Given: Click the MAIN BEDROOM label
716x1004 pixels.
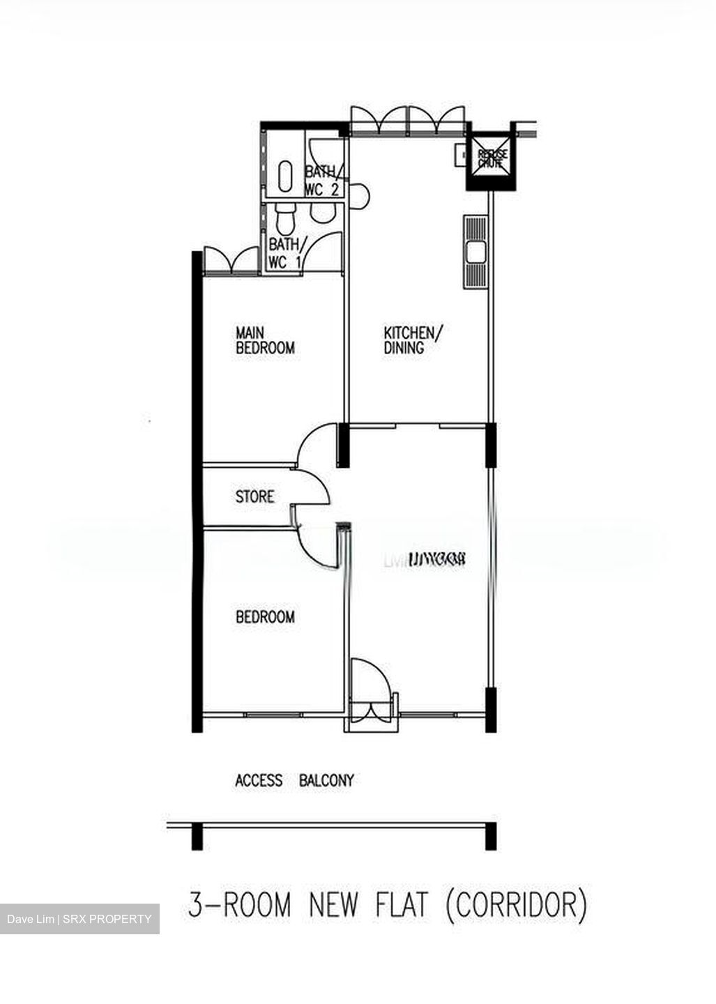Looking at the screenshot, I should [x=265, y=340].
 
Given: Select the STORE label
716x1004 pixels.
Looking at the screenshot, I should [x=254, y=497].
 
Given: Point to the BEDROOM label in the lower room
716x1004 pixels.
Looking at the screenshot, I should [x=265, y=617].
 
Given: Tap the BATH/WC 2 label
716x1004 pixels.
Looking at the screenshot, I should [x=321, y=181].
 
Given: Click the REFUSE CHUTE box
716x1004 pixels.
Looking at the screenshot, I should [x=492, y=160].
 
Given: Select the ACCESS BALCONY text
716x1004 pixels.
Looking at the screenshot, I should [x=294, y=780].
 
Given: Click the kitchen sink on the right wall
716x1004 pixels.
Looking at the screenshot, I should [x=475, y=251].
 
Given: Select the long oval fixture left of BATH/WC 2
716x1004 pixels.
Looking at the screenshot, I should [x=286, y=176].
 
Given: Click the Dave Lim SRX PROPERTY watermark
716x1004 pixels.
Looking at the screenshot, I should [x=79, y=919].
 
